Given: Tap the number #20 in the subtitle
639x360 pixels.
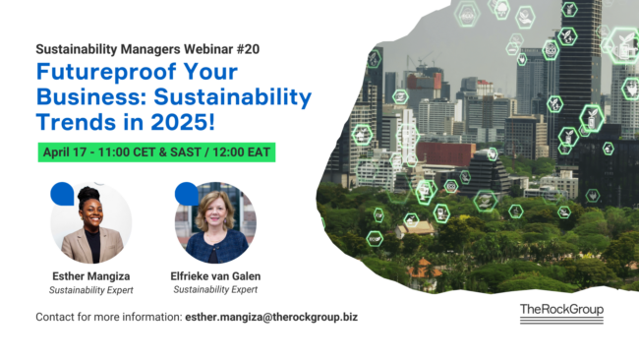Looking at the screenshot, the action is coord(248,49).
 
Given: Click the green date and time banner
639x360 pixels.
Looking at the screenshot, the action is coord(156,152).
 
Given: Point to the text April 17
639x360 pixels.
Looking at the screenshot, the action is coord(64,152).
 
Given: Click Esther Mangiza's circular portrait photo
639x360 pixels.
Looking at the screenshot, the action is coord(91,222).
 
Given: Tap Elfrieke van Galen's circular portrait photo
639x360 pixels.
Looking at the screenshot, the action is coord(215,222).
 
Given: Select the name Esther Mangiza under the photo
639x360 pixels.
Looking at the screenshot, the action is coord(91,276).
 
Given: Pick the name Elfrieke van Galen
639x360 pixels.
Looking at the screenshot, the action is coord(215,276).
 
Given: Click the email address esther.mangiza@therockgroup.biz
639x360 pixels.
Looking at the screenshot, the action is coord(271,317).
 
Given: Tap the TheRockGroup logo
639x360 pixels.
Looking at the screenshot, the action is coord(561,314).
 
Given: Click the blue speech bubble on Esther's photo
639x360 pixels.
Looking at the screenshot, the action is coord(62,194).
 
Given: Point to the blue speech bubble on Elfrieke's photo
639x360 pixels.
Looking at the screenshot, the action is coord(187,194).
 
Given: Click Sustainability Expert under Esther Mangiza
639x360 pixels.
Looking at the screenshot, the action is coord(91,290).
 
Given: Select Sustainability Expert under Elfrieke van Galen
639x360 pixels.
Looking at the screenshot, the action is coord(215,289).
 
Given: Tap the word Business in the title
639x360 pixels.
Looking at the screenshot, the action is coord(91,97).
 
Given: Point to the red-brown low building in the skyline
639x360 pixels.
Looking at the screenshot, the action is coord(445,154).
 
